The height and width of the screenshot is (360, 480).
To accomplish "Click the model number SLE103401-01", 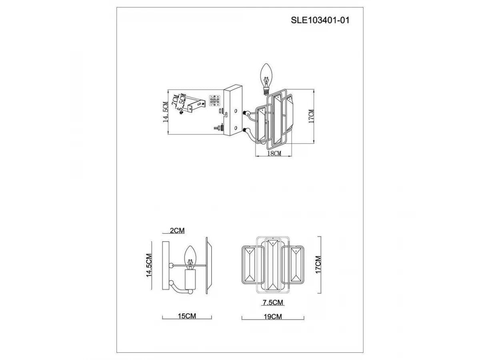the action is click(x=320, y=20).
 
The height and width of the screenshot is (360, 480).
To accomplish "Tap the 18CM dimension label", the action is click(x=274, y=153).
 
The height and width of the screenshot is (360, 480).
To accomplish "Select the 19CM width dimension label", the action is click(x=273, y=317).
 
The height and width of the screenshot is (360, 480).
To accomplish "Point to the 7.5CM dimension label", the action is click(x=273, y=302).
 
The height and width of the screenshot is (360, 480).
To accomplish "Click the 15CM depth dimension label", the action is click(x=187, y=316).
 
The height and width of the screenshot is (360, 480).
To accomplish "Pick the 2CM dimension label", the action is click(x=177, y=230).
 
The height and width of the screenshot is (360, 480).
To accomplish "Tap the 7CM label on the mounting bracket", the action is click(x=175, y=100).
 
